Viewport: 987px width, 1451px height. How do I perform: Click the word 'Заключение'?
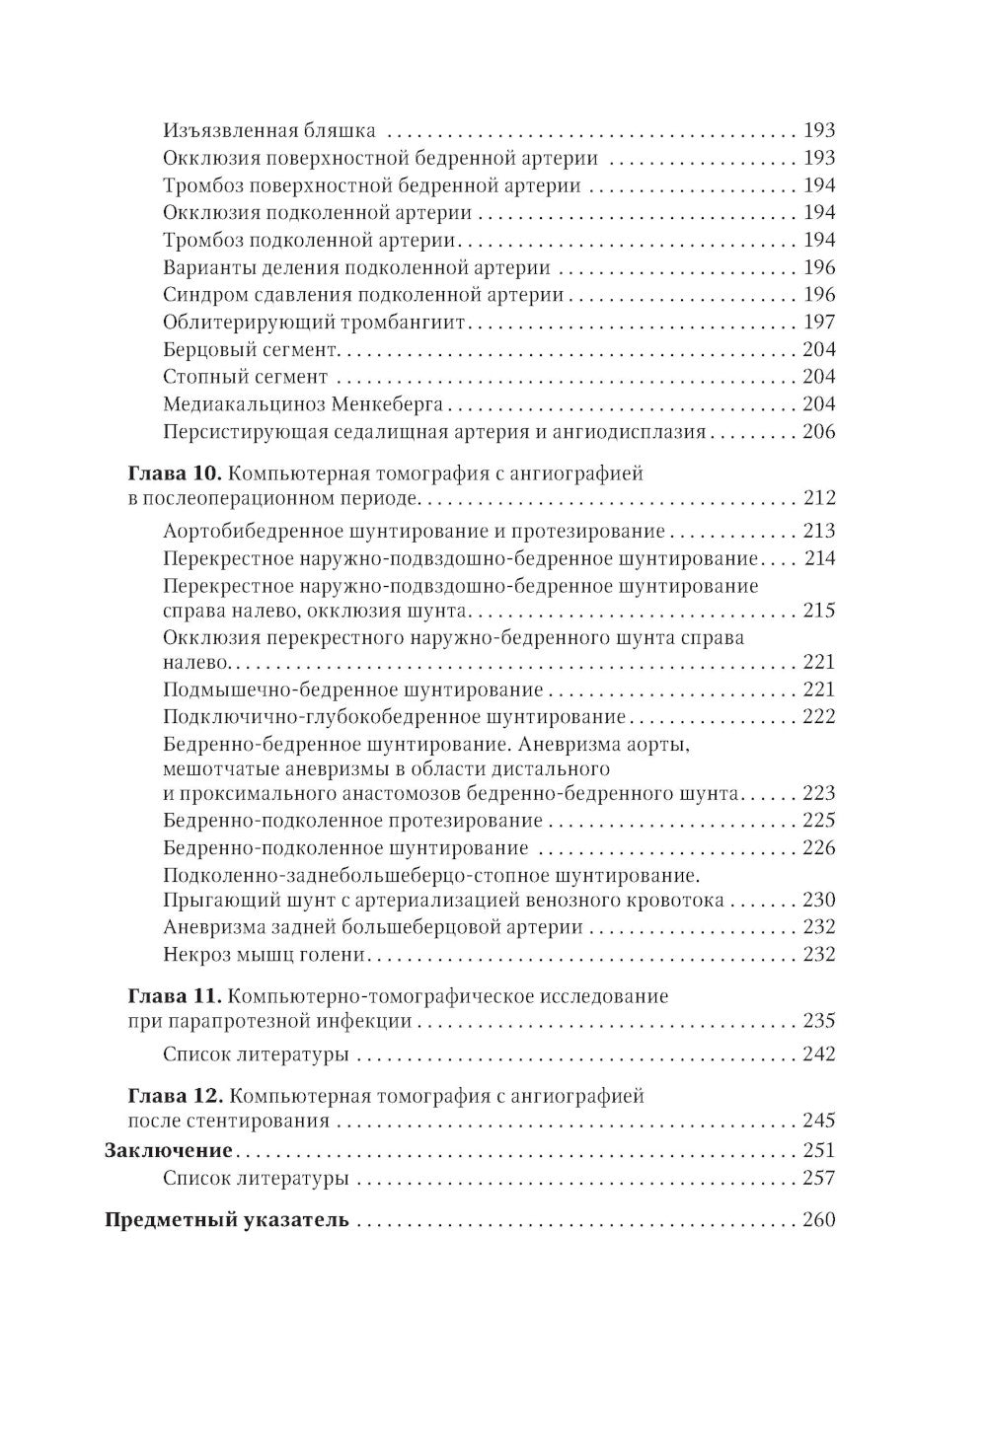coord(169,1150)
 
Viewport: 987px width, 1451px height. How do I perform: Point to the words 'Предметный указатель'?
coord(227,1220)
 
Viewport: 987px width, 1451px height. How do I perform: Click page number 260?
coord(819,1220)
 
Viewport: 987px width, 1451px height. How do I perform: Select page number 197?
coord(819,323)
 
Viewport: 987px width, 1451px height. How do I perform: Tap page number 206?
coord(819,431)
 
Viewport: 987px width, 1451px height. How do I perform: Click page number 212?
coord(819,498)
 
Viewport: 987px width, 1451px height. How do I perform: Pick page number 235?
coord(819,1021)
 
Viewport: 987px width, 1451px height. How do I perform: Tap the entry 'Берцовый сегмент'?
coord(251,350)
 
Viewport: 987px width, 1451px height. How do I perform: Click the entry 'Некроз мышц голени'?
coord(264,954)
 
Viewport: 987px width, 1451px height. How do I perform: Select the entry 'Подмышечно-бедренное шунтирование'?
coord(352,689)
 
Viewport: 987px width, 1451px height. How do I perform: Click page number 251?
coord(819,1150)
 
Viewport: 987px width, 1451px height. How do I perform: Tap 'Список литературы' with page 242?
coord(256,1054)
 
